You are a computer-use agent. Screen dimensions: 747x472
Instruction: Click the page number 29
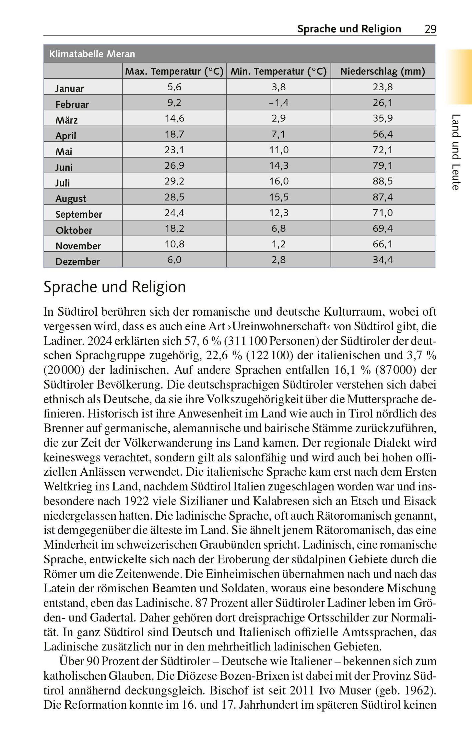click(430, 29)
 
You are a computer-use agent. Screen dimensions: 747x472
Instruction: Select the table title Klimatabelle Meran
click(92, 54)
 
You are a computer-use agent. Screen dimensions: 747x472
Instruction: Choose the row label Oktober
click(74, 230)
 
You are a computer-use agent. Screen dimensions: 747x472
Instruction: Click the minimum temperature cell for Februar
click(278, 103)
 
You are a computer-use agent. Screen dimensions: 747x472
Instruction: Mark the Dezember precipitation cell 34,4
click(383, 260)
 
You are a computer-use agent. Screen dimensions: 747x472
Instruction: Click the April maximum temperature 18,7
click(174, 134)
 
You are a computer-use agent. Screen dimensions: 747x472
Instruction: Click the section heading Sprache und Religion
click(115, 287)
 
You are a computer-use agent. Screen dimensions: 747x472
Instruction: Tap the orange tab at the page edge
click(460, 77)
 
